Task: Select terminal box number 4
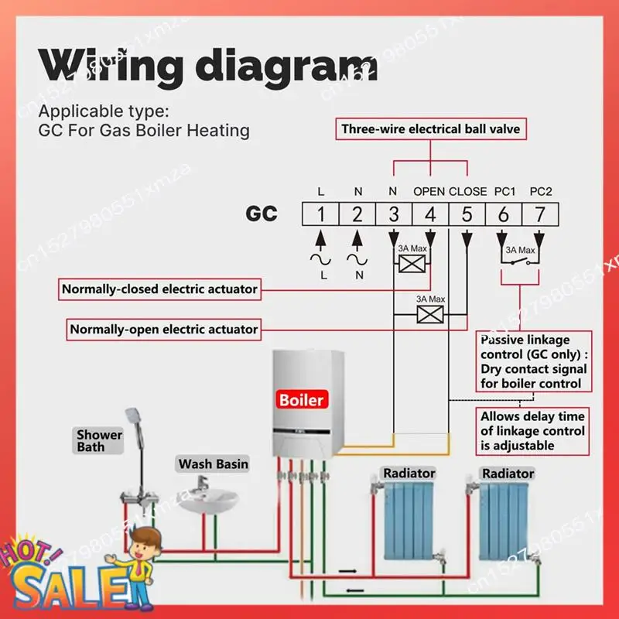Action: pyautogui.click(x=430, y=214)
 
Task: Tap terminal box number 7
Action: pyautogui.click(x=540, y=214)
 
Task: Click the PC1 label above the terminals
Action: pyautogui.click(x=504, y=191)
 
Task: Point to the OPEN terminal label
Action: pyautogui.click(x=429, y=191)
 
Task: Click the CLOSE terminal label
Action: pyautogui.click(x=467, y=191)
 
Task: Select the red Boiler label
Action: pyautogui.click(x=303, y=400)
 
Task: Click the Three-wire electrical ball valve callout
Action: pyautogui.click(x=431, y=129)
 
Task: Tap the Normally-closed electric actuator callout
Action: pyautogui.click(x=159, y=289)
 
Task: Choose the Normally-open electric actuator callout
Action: pyautogui.click(x=163, y=329)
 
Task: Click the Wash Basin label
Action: pyautogui.click(x=214, y=464)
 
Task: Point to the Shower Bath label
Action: pyautogui.click(x=99, y=440)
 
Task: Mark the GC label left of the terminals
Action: pyautogui.click(x=262, y=214)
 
